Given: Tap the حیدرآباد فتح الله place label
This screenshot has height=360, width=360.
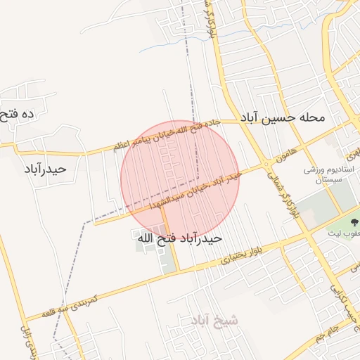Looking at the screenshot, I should (x=179, y=238).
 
